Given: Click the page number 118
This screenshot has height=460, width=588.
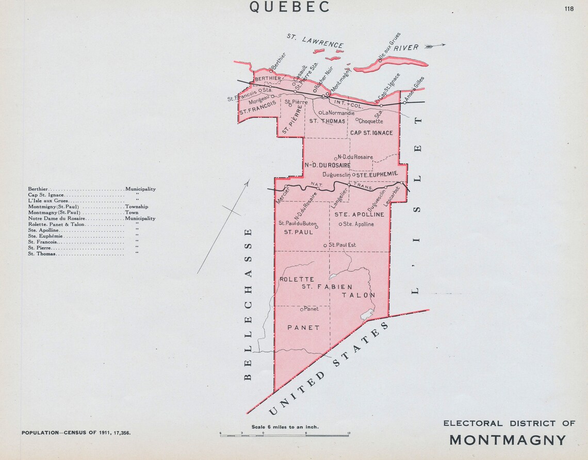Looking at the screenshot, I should (x=569, y=8).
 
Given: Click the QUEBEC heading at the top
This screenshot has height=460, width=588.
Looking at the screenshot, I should (x=289, y=7).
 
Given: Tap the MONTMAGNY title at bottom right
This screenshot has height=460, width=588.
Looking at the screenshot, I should (x=508, y=440).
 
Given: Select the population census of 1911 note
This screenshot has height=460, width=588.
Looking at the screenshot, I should (x=76, y=433).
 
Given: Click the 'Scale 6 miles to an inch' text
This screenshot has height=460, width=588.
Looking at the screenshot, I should (x=285, y=426).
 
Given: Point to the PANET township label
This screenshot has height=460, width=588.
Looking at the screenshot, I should (x=303, y=327).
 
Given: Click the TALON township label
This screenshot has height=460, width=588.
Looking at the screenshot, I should (x=358, y=295).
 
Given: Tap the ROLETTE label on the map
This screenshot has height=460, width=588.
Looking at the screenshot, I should (x=297, y=279).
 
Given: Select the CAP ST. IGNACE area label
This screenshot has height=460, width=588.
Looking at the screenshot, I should (x=371, y=133).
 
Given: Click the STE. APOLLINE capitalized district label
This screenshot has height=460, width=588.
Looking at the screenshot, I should (x=359, y=214).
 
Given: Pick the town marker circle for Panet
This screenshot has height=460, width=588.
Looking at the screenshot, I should (x=302, y=309).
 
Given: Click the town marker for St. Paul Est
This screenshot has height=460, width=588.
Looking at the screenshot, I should (x=325, y=245).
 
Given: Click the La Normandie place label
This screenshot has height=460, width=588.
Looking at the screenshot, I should (x=338, y=112).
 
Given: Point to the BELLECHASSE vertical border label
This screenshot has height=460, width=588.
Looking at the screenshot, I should (x=248, y=304).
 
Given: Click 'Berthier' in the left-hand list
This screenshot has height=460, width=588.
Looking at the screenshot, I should (x=39, y=189).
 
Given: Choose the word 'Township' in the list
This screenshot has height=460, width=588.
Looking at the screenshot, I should (x=136, y=206).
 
